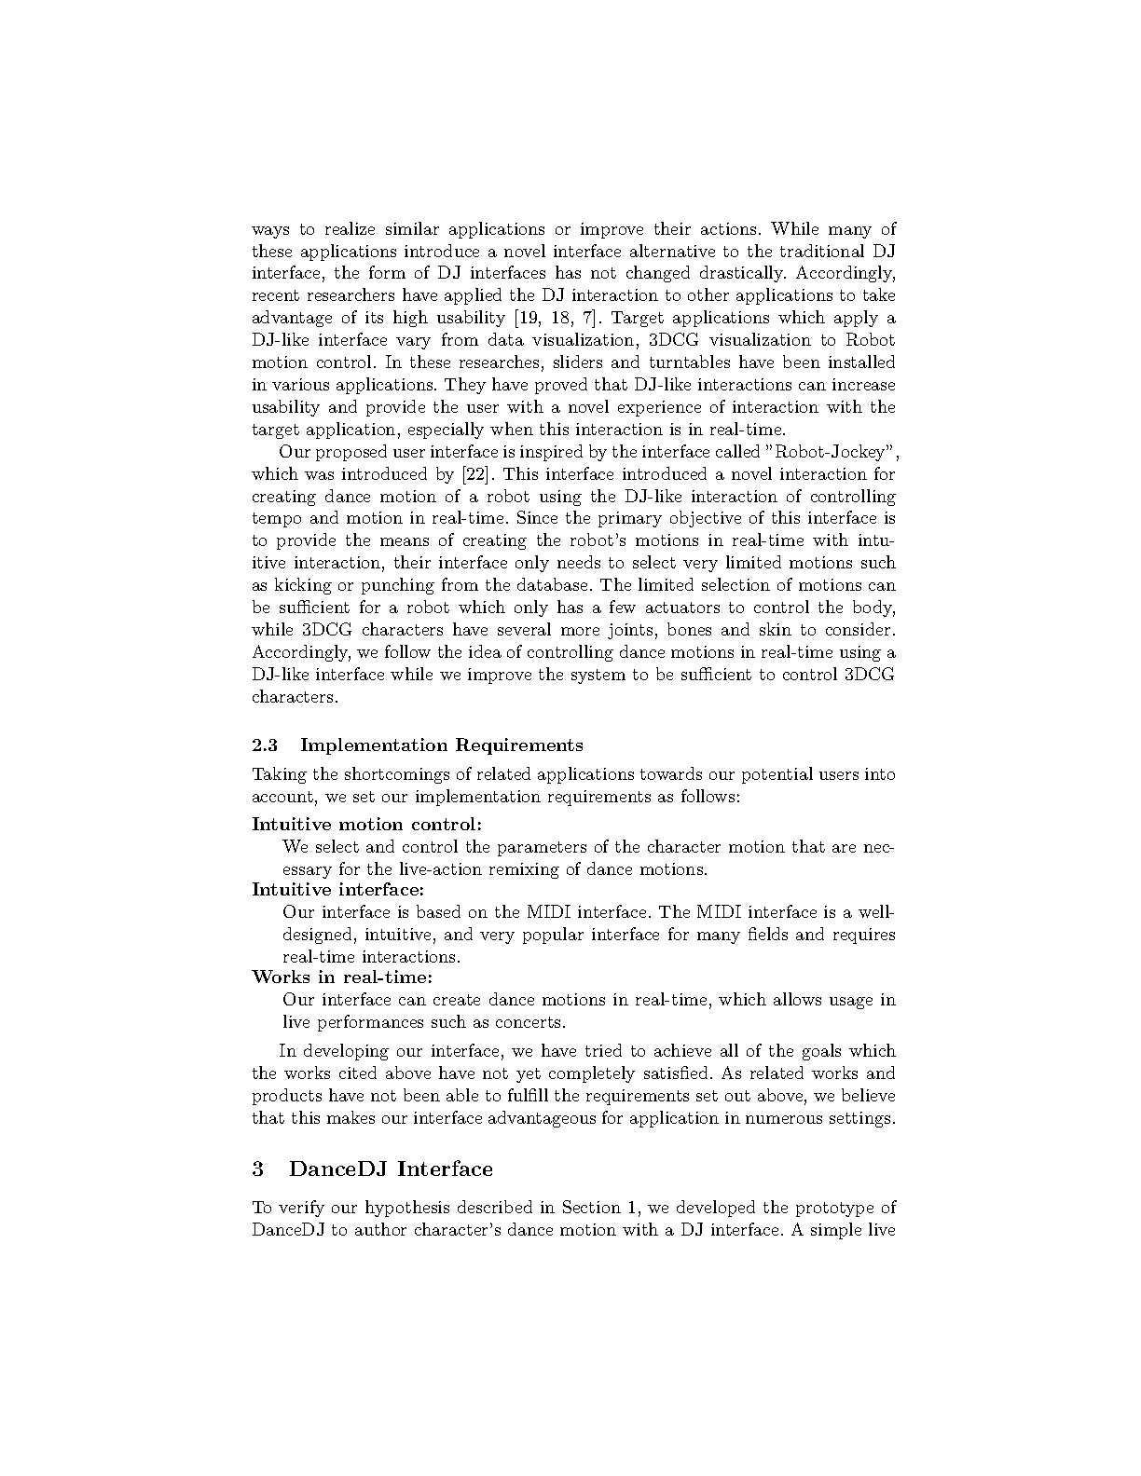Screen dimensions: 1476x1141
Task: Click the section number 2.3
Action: (x=265, y=745)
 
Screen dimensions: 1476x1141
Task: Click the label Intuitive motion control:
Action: (x=367, y=824)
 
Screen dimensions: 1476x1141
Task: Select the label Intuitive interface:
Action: (x=337, y=889)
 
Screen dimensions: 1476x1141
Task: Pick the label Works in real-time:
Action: (x=342, y=977)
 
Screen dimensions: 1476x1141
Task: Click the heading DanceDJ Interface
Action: (x=391, y=1168)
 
